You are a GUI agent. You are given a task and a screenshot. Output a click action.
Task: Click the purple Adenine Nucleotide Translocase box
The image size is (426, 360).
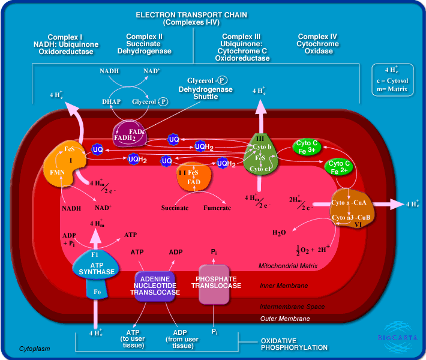[x=155, y=285]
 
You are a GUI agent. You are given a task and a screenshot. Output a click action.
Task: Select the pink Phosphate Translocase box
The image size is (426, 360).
[x=215, y=281]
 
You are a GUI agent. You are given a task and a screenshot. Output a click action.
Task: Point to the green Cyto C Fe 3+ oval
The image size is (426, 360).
[x=307, y=147]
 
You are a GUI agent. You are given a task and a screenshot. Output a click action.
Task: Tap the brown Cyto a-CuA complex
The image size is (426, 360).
[x=353, y=207]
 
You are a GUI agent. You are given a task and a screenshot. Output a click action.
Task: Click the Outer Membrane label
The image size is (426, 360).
[x=284, y=319]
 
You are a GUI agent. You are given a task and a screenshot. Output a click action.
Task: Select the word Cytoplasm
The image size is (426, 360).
[x=34, y=348]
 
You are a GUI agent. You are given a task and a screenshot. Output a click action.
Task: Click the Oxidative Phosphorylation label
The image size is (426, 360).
[x=294, y=344]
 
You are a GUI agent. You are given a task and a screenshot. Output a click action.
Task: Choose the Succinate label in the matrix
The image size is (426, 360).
[x=175, y=208]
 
